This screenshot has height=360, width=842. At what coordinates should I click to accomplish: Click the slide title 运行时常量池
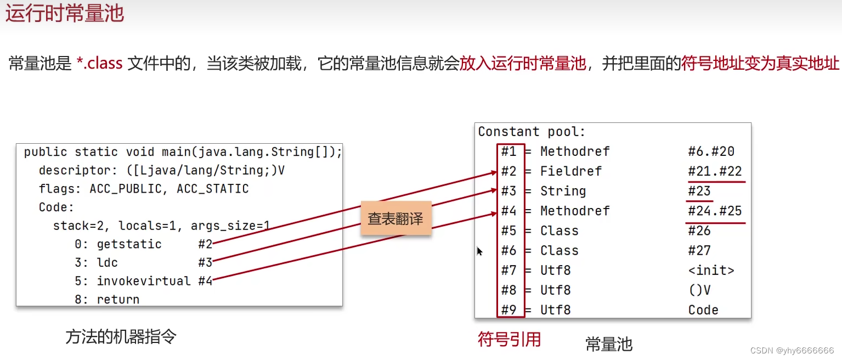pos(65,13)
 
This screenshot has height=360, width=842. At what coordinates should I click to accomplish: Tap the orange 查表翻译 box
pos(395,219)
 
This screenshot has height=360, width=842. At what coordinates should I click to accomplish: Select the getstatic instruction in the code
pos(129,244)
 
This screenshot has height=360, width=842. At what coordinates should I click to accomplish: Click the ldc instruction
pos(107,262)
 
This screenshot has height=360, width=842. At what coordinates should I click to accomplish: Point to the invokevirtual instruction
pos(144,281)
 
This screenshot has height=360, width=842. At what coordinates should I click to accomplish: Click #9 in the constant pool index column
pos(509,310)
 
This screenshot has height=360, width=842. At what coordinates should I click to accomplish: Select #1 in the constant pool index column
pos(509,151)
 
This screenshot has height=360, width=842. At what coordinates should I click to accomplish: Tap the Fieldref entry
pos(570,171)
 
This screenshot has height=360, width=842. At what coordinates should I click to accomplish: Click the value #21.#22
pos(715,171)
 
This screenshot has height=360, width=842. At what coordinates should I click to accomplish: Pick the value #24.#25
pos(715,211)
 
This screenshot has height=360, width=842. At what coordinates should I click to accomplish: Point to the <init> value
pos(711,271)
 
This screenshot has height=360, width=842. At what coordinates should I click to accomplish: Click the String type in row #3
pos(563,191)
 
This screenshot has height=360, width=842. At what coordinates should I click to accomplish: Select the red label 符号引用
pos(509,340)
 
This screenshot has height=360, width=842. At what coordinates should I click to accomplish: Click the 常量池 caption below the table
pos(609,344)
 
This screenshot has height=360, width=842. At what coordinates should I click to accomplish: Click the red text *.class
pos(99,64)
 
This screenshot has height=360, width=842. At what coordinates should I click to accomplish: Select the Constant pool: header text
pos(532,132)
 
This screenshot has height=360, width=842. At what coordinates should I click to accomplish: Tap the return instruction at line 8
pos(118,300)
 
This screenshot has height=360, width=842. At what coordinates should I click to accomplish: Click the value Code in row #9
pos(703,310)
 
